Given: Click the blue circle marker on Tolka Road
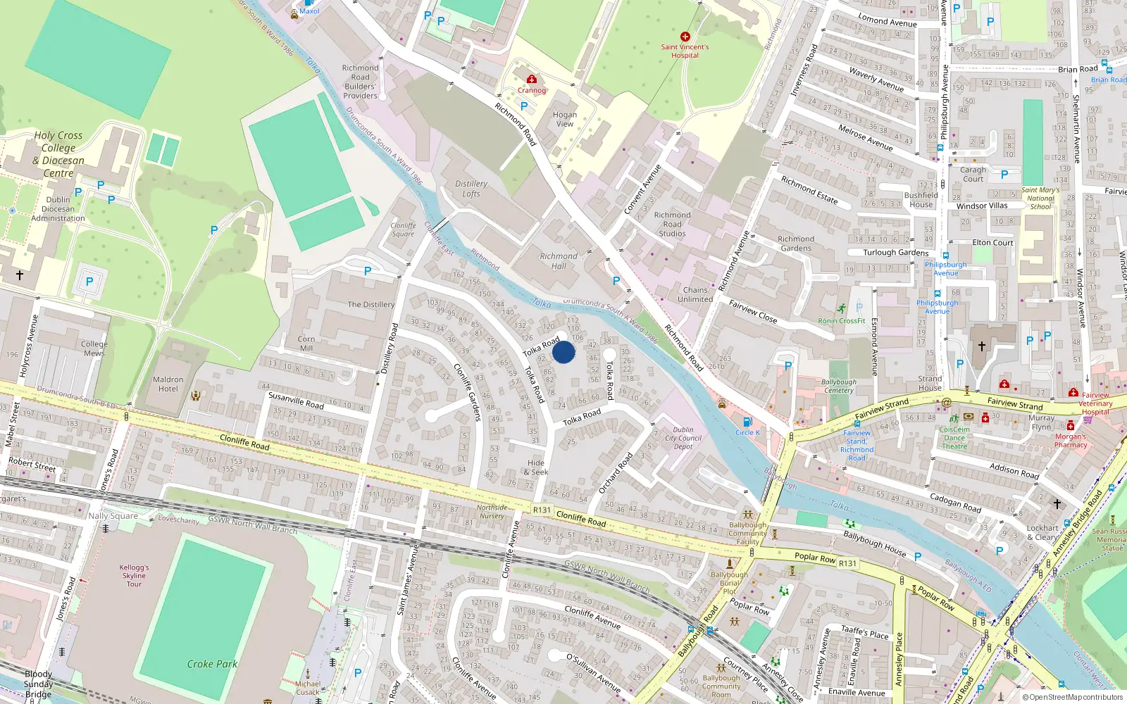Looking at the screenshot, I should [563, 351].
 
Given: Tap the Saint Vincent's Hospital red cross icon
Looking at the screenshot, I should [685, 37].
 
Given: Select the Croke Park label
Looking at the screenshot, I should [212, 664].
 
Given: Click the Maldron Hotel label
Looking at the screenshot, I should [168, 384].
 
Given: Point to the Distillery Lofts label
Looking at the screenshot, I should [471, 189].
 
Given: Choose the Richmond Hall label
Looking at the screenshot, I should [559, 261].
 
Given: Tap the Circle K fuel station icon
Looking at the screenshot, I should [747, 422].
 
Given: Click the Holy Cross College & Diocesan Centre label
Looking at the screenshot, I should [58, 154].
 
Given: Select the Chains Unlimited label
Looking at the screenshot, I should [695, 294].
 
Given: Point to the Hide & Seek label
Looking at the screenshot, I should [536, 467].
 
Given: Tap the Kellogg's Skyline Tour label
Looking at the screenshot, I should [134, 575].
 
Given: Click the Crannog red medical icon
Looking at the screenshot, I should [532, 80].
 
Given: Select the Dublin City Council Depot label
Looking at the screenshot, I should [683, 438].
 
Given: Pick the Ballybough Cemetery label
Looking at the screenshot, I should [839, 386].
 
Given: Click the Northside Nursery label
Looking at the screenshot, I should [492, 511].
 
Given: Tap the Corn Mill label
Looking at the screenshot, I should [306, 344].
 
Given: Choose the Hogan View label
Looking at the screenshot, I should [564, 119].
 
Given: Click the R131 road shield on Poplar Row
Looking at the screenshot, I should [848, 563].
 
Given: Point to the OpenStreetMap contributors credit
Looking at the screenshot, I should [1072, 697].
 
